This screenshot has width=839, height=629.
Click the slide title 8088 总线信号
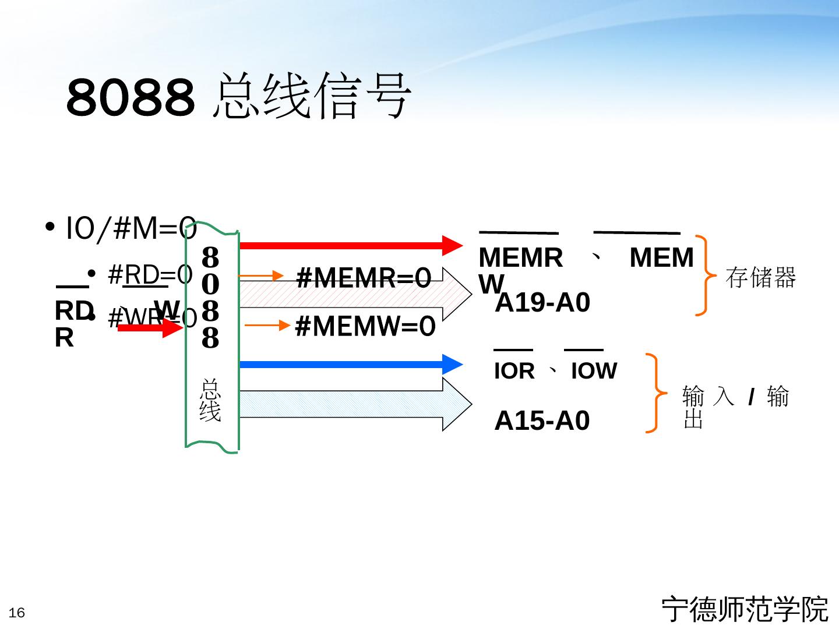click(x=239, y=96)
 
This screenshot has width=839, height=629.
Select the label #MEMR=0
click(x=364, y=277)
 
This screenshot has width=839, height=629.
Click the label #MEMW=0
click(x=365, y=326)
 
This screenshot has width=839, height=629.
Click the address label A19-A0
click(x=542, y=303)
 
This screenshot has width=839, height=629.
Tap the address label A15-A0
click(x=542, y=420)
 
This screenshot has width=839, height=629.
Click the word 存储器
click(x=760, y=278)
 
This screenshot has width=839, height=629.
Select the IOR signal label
click(x=514, y=371)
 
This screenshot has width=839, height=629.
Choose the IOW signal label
click(x=594, y=371)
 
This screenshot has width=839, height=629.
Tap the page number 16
click(x=17, y=613)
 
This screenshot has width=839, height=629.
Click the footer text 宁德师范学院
click(x=745, y=609)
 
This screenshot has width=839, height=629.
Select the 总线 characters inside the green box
click(x=210, y=400)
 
